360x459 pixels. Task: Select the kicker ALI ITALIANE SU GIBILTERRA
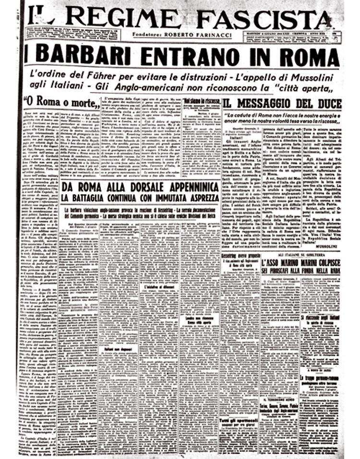[301, 258]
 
